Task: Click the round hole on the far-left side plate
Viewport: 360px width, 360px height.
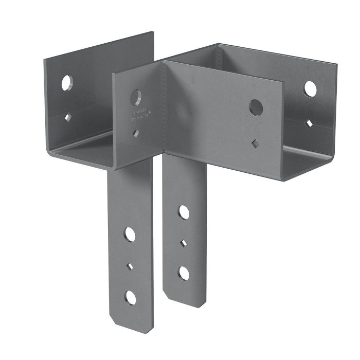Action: [x=67, y=83]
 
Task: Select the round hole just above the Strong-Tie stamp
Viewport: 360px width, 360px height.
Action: [x=137, y=95]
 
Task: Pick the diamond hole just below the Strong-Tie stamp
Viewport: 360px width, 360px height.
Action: [x=136, y=134]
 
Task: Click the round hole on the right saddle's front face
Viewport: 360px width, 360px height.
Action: [x=256, y=107]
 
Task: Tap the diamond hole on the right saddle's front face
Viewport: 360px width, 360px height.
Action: [x=256, y=142]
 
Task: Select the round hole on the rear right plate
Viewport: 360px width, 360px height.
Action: [x=310, y=89]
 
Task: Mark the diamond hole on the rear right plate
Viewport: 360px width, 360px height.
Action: [x=309, y=123]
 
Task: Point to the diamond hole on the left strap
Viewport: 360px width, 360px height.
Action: [x=130, y=266]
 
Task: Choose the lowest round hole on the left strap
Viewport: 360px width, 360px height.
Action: [x=130, y=297]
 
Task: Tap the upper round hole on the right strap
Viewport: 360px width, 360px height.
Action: [x=184, y=211]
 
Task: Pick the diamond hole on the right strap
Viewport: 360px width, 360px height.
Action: [x=184, y=241]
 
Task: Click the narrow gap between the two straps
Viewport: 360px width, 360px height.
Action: [x=158, y=231]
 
